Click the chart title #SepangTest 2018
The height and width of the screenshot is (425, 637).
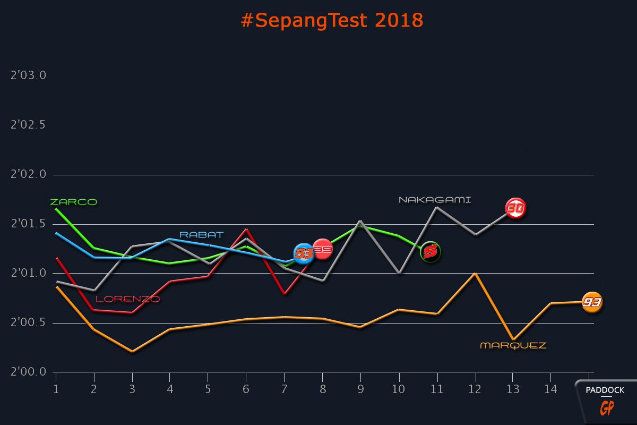tap(332, 20)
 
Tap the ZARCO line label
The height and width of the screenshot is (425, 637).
tap(73, 202)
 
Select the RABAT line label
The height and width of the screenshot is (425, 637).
tap(201, 234)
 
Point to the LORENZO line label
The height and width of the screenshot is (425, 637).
tap(127, 299)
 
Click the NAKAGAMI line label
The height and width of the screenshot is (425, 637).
tap(435, 200)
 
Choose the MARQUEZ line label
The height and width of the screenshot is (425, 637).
tap(513, 345)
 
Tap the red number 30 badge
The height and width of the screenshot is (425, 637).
tap(515, 209)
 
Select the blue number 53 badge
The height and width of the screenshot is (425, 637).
tap(304, 254)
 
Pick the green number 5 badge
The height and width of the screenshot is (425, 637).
tap(431, 251)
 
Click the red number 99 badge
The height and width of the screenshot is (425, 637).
tap(322, 249)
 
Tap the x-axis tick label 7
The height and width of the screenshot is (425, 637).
tap(285, 389)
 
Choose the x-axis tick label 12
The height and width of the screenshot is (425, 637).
tap(475, 389)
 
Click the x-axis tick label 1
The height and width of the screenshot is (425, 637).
tap(56, 389)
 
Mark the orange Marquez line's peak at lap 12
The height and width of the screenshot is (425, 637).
tap(475, 273)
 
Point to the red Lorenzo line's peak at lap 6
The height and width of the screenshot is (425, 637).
tap(246, 229)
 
